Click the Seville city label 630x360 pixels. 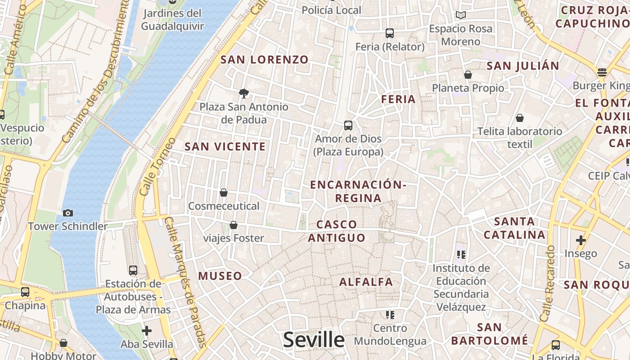click(x=314, y=340)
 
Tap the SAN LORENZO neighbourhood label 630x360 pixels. click(x=265, y=59)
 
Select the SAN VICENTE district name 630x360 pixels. click(x=225, y=146)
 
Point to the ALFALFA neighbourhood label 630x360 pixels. click(x=366, y=282)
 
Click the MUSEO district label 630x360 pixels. click(x=220, y=276)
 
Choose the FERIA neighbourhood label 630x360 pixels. click(x=398, y=99)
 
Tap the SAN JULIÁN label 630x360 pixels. click(x=523, y=66)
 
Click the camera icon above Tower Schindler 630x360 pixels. click(x=68, y=213)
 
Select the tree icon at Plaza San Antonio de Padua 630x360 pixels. click(x=244, y=94)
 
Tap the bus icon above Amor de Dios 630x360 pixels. click(x=348, y=126)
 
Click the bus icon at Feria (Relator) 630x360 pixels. click(x=390, y=33)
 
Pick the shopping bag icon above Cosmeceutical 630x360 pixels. click(x=224, y=193)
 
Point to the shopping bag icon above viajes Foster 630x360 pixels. click(x=234, y=225)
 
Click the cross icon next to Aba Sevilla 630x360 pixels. click(x=147, y=331)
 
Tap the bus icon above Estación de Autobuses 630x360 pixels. click(x=133, y=270)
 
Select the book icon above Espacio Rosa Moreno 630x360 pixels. click(x=461, y=15)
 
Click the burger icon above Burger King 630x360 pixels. click(x=602, y=72)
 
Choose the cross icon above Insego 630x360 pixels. click(x=581, y=240)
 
